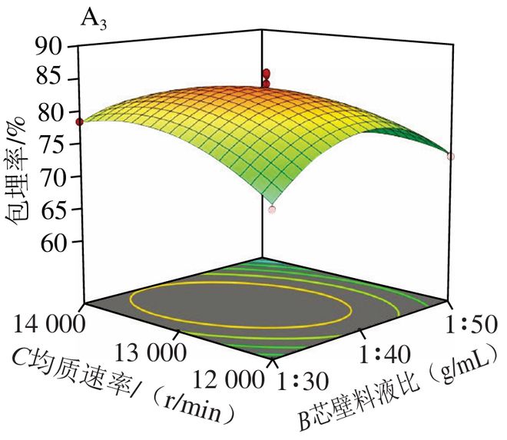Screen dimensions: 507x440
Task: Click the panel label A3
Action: click(93, 20)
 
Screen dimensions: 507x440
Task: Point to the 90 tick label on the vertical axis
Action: click(48, 47)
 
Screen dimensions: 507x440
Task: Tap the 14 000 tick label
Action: click(49, 324)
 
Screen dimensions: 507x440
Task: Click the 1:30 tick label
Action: click(303, 382)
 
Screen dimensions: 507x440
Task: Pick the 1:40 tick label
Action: click(385, 354)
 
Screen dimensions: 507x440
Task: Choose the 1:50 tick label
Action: click(471, 324)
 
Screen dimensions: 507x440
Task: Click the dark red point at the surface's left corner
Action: click(80, 122)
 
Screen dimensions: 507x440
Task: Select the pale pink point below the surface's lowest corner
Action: click(272, 210)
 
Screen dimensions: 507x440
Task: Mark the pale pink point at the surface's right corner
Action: click(451, 157)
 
